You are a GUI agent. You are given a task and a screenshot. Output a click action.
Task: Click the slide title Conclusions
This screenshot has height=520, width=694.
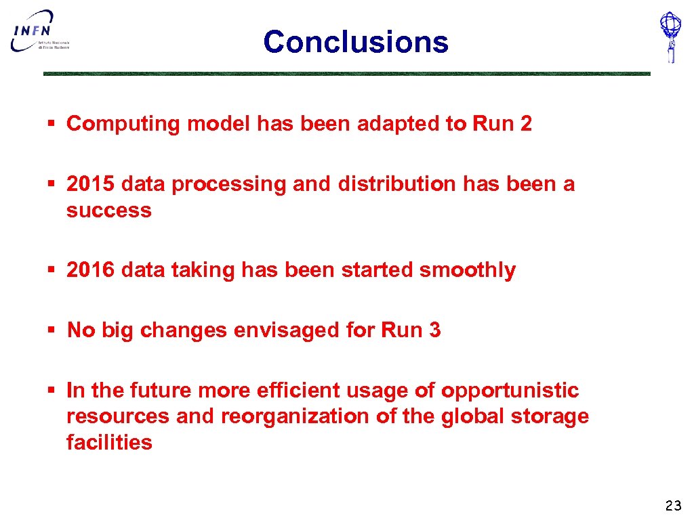[356, 41]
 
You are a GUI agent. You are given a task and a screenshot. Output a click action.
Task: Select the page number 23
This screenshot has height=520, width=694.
[673, 505]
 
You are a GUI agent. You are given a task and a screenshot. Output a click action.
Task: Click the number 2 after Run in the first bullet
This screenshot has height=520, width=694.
[526, 123]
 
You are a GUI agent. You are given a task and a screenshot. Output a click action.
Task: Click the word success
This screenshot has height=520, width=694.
[108, 211]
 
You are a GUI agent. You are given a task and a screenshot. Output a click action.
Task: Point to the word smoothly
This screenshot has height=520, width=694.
[468, 270]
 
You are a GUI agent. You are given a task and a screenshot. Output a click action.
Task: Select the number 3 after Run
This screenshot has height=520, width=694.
[434, 330]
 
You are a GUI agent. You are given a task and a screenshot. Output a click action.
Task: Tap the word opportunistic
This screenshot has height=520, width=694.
[510, 391]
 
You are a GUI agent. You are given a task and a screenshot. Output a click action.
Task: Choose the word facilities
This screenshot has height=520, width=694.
[109, 443]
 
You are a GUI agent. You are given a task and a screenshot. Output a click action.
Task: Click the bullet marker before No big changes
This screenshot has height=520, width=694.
[51, 330]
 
